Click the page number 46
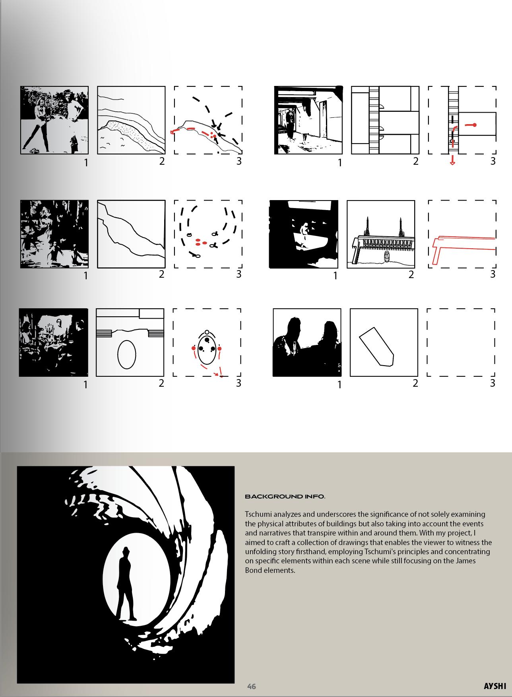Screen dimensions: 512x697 pos(251,686)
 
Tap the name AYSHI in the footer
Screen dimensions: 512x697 pos(495,686)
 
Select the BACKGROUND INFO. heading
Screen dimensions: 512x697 pos(285,496)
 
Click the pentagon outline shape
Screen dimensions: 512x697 pos(376,346)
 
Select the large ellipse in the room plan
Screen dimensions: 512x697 pos(127,354)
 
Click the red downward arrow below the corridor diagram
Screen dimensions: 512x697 pos(452,160)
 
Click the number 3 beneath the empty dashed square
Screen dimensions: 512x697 pos(493,383)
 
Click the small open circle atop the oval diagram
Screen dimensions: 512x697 pos(207,332)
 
